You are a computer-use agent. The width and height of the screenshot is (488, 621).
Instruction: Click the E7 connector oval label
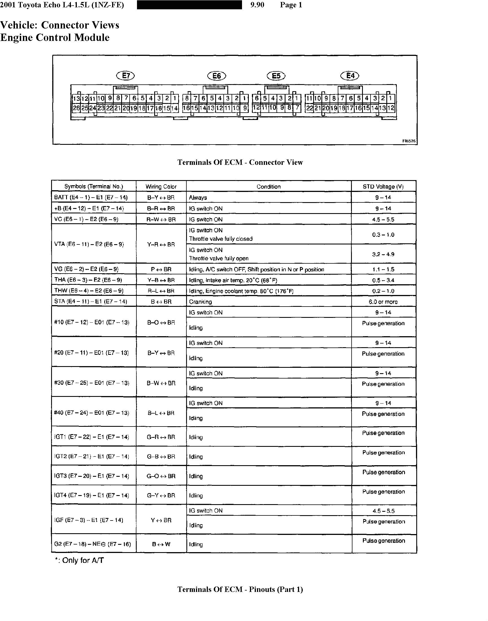pos(125,76)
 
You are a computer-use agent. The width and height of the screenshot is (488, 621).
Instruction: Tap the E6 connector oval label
pos(217,76)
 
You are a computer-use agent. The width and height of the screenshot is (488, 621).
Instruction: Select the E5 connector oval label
pos(276,76)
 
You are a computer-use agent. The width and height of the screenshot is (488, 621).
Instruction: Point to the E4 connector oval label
pos(350,76)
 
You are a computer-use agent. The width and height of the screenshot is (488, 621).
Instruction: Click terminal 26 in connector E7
pos(76,108)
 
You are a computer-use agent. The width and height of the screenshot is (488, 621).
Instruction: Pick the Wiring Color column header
pos(161,187)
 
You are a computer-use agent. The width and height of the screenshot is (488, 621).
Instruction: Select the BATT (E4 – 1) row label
pos(91,198)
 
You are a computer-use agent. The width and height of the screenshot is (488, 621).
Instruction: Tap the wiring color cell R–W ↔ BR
pos(161,220)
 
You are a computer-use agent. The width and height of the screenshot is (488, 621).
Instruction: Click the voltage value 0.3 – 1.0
pos(383,235)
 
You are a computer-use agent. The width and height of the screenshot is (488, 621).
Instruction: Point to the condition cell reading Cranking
pos(200,302)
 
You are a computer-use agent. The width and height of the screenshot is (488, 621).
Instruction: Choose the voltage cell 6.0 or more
pos(383,302)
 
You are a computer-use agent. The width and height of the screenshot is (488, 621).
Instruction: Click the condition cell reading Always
pos(198,198)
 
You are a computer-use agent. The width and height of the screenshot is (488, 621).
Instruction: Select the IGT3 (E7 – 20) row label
pos(91,476)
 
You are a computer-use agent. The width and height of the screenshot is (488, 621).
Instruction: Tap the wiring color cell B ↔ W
pos(161,544)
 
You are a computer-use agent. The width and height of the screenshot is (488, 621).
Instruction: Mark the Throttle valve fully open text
pos(219,258)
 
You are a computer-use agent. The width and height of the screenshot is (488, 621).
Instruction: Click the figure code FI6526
pos(409,141)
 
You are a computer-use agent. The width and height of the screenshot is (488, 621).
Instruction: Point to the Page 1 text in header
pos(291,5)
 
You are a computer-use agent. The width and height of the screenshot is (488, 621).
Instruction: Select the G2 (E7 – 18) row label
pos(93,544)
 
